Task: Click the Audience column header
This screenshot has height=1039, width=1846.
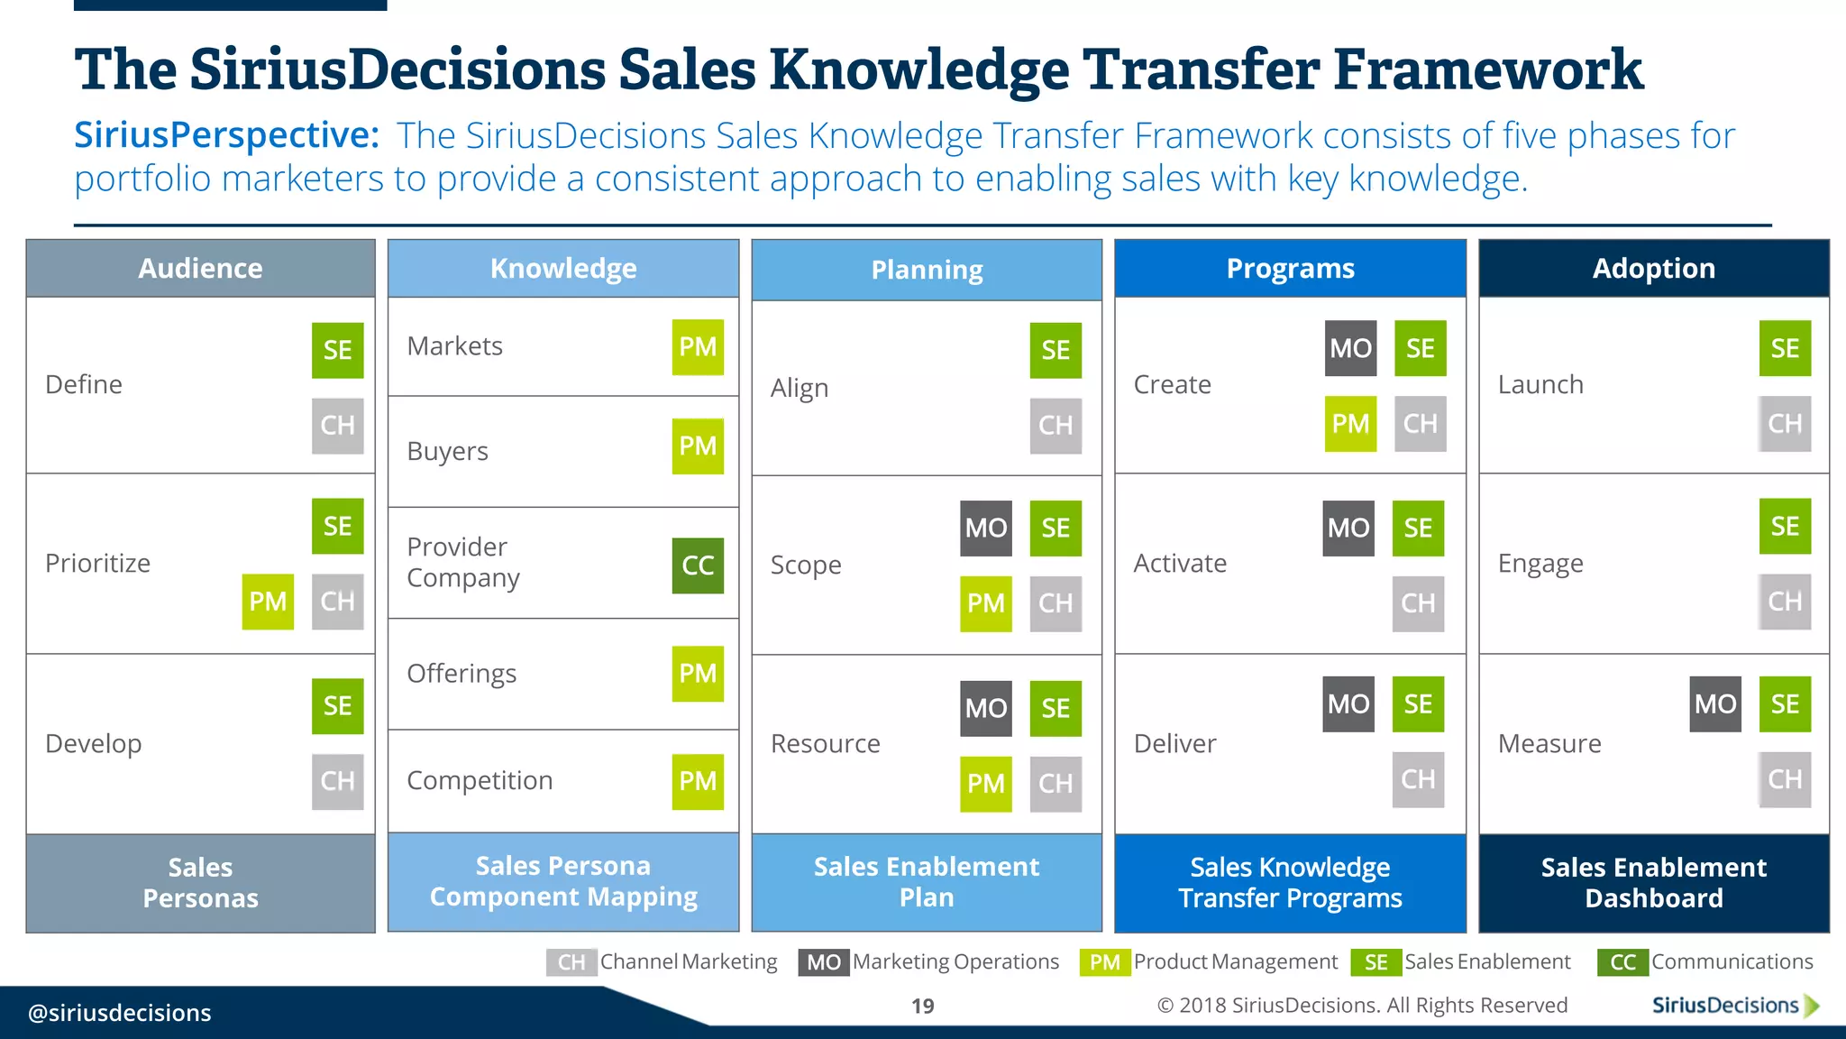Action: click(x=200, y=269)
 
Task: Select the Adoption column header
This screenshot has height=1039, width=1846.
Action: click(x=1653, y=269)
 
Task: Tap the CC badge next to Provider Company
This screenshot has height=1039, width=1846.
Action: click(x=698, y=565)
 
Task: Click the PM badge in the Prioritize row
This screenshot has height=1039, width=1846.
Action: click(x=268, y=602)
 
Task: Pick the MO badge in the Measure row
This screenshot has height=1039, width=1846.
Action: click(x=1714, y=704)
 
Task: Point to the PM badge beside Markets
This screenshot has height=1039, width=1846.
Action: click(x=698, y=347)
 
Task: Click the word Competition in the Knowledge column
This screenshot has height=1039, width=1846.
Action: click(x=480, y=780)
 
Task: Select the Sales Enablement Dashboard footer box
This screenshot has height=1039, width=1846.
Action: click(x=1653, y=882)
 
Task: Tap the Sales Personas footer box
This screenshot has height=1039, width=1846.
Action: click(x=200, y=882)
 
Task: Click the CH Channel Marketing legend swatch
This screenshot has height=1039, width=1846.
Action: click(x=571, y=962)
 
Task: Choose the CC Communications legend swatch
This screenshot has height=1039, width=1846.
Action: click(x=1622, y=962)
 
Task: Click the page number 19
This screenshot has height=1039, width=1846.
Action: click(x=922, y=1006)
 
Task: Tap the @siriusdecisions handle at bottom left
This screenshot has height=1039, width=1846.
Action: click(x=120, y=1013)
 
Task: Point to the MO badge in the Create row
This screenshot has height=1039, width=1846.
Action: click(x=1350, y=348)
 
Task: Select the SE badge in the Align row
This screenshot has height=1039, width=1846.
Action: click(x=1056, y=350)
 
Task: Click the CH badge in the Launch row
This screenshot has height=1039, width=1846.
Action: click(x=1784, y=424)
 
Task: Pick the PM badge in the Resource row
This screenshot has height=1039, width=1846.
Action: click(x=985, y=784)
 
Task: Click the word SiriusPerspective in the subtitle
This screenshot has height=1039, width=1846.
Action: click(x=226, y=135)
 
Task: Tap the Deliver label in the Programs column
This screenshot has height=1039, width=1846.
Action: click(x=1174, y=744)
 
